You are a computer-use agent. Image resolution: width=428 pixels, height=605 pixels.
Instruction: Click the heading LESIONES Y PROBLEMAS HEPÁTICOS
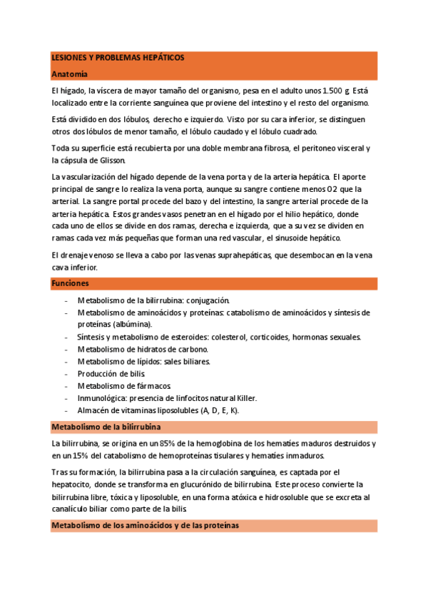tap(118, 56)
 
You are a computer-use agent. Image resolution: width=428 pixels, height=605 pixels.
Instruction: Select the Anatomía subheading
tap(70, 73)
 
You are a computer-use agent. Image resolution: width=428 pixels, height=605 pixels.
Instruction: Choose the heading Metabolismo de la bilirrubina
tap(106, 427)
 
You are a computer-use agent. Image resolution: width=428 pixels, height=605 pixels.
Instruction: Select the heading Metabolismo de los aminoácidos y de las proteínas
tap(146, 525)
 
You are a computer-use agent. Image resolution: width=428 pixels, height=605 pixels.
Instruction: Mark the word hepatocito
tap(74, 484)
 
